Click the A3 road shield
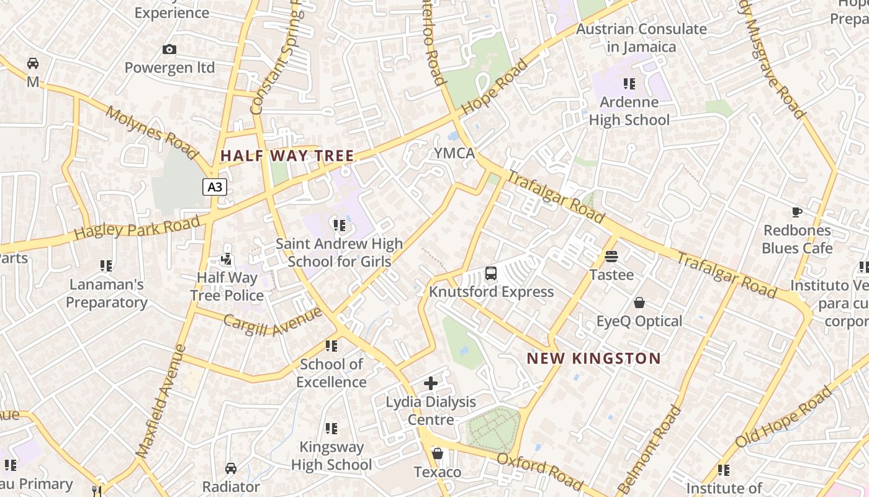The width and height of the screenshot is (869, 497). [x=214, y=187]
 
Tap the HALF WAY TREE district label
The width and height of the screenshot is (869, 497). [x=287, y=156]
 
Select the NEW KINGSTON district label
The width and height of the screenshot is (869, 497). [x=594, y=358]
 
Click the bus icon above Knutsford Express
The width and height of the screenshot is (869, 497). [x=490, y=273]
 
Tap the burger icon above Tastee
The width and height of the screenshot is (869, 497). [x=611, y=257]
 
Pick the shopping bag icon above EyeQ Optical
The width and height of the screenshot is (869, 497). [x=639, y=303]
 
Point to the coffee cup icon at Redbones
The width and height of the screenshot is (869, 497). [x=797, y=212]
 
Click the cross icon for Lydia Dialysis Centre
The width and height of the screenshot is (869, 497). [x=431, y=383]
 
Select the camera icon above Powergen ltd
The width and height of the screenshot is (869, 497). [x=169, y=50]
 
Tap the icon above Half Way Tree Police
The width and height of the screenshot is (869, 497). [x=227, y=259]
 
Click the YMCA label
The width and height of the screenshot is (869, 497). [x=454, y=153]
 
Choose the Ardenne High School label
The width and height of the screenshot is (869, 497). [x=629, y=111]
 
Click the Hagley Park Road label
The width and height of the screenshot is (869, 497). [x=137, y=228]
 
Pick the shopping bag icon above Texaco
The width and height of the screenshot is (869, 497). [x=438, y=454]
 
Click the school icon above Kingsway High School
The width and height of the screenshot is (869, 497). [x=331, y=429]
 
